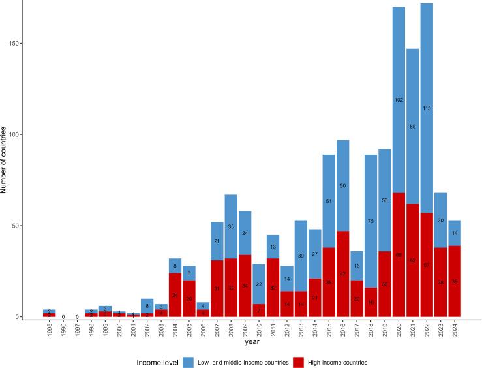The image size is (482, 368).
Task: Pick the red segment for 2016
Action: [x=342, y=274]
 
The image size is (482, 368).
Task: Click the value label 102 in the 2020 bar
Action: [x=399, y=100]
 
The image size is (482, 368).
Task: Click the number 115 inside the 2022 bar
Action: [x=427, y=108]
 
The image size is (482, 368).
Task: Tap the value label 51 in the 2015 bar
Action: [x=328, y=201]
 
